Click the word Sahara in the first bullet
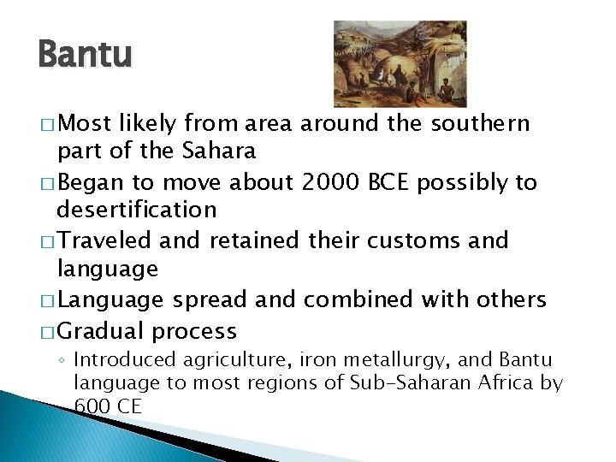click(x=219, y=151)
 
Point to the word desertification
click(x=136, y=210)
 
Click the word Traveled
click(x=106, y=240)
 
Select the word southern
click(x=480, y=124)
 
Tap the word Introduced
click(x=123, y=360)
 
